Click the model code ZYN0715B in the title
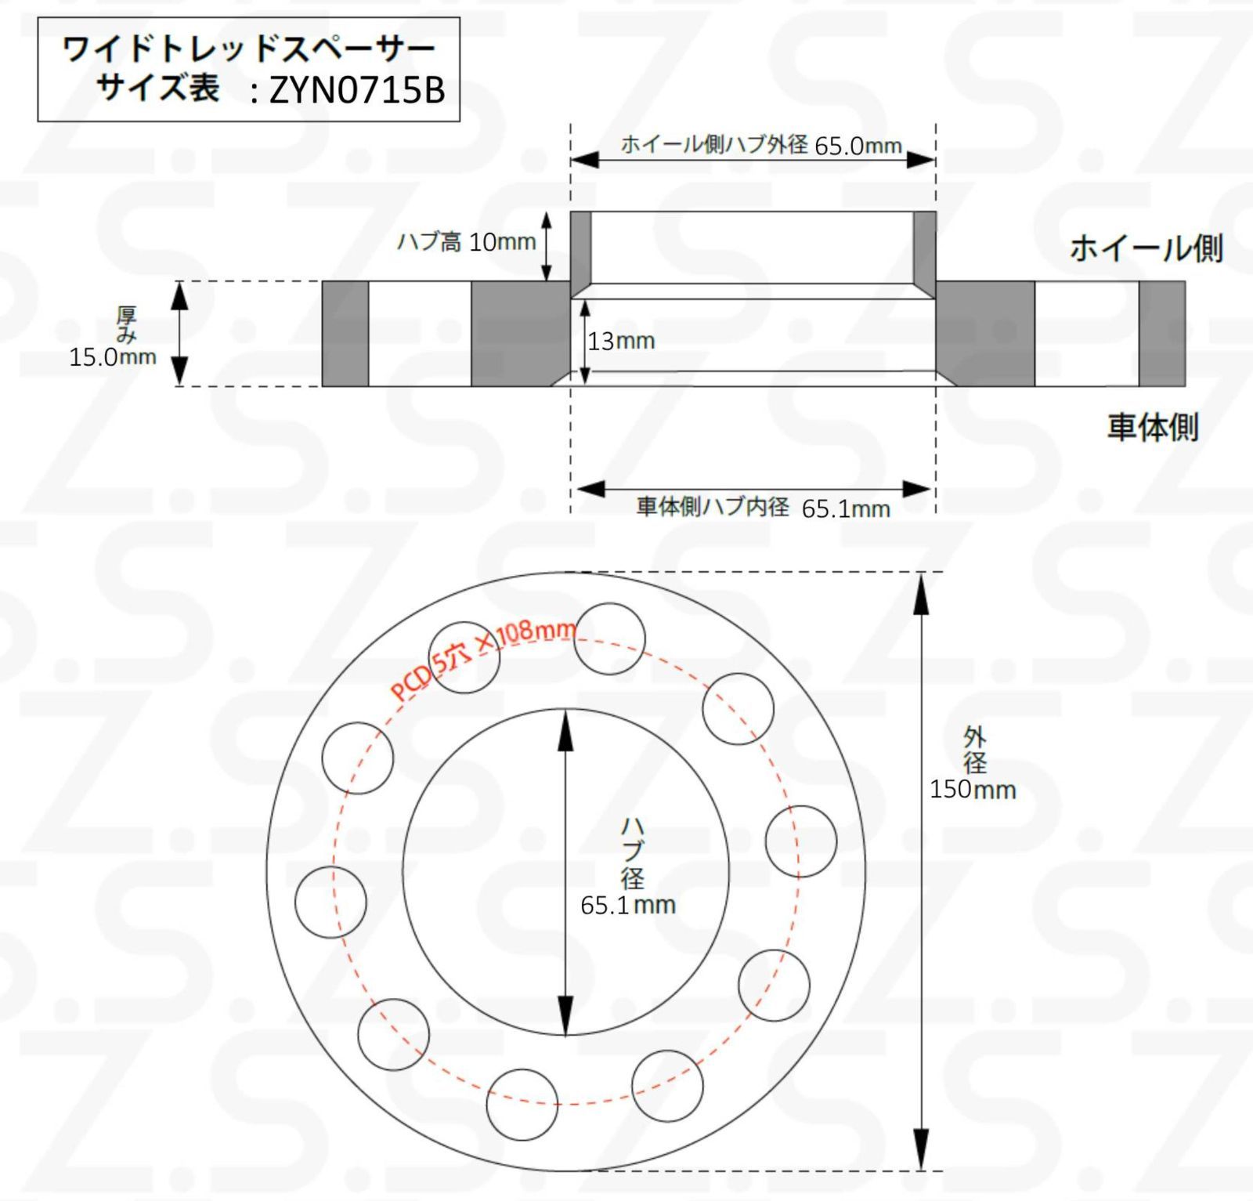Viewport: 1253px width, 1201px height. (x=357, y=91)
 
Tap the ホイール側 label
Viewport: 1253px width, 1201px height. (x=1146, y=248)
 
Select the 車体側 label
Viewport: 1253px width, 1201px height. (x=1152, y=428)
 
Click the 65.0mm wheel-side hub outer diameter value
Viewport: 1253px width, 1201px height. (x=858, y=147)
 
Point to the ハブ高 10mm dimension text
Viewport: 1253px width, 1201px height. (x=467, y=242)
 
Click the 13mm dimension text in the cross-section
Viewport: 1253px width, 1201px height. (x=622, y=342)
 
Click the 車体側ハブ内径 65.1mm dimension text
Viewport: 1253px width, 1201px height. (x=764, y=508)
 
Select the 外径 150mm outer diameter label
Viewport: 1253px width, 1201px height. (x=973, y=763)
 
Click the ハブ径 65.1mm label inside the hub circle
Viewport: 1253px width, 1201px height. (x=629, y=866)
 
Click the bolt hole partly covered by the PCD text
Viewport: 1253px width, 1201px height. (x=464, y=658)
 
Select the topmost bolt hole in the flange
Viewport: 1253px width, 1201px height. (x=610, y=638)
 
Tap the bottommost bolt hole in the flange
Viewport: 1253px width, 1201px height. (x=522, y=1104)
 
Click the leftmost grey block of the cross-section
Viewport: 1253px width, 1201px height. (x=345, y=334)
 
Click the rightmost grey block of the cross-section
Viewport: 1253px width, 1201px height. (x=1161, y=334)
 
